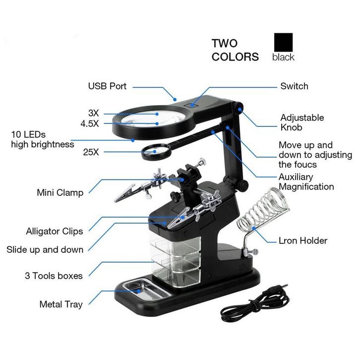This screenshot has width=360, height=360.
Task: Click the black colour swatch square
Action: click(x=283, y=42)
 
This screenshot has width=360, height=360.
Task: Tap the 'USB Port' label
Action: click(x=107, y=86)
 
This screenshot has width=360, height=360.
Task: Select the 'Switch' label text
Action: click(x=295, y=86)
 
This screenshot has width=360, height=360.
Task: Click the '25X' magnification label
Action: click(x=91, y=152)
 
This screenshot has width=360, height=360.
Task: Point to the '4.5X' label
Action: click(x=90, y=124)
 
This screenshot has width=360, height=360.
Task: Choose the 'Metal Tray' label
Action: click(x=61, y=304)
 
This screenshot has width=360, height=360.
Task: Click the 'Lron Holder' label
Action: click(x=303, y=240)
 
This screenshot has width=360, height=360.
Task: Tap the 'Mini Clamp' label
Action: click(x=60, y=192)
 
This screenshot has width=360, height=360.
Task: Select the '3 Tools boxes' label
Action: click(x=54, y=276)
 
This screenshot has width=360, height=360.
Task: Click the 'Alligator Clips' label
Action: click(x=55, y=231)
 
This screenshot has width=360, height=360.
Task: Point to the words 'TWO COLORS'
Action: click(x=235, y=50)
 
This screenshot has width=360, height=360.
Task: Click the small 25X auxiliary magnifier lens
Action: click(x=155, y=152)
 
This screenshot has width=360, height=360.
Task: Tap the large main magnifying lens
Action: click(x=154, y=120)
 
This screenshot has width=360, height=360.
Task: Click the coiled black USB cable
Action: click(x=254, y=303)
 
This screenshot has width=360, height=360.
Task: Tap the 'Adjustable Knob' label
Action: click(x=302, y=122)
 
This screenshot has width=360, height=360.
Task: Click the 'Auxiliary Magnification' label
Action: click(x=306, y=181)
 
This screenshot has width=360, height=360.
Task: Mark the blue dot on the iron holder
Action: click(x=254, y=228)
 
